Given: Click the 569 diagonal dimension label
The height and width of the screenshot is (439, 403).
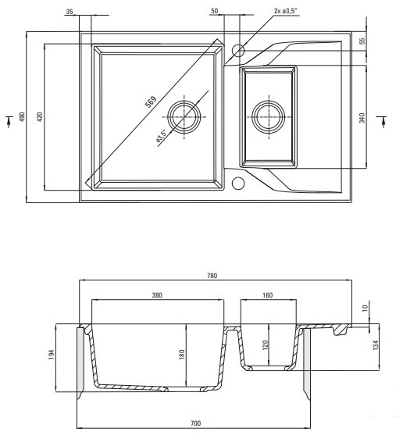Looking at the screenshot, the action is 151,102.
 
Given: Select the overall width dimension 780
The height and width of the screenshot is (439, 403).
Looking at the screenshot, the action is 212,276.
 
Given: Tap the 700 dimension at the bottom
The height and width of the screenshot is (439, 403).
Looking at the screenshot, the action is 195,423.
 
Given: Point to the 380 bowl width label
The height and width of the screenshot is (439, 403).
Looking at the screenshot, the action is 157,295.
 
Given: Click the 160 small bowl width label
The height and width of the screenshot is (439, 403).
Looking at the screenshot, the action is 268,295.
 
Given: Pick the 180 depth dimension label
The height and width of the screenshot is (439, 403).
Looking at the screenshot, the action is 182,355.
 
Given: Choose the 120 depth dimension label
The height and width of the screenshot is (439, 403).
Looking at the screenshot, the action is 266,344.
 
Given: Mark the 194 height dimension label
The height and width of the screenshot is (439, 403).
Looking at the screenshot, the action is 52,355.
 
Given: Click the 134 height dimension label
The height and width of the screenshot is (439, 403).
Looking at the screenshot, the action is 376,345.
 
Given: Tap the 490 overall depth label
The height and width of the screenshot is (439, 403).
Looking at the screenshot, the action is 22,116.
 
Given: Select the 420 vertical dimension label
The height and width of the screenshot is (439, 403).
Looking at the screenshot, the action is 40,116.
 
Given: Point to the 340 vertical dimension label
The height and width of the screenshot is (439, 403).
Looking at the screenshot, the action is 362,118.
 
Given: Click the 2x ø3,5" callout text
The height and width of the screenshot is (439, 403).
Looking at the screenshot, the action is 286,11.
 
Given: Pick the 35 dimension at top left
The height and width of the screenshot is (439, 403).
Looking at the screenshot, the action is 70,12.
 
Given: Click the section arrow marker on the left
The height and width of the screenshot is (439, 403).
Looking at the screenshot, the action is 9,121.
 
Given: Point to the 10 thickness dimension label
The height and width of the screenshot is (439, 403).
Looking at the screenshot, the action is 365,309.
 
